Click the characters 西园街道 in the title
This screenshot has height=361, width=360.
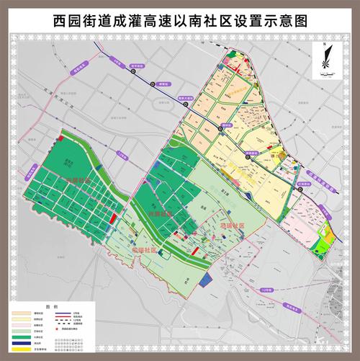click(x=84, y=22)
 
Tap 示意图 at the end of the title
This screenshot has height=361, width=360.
click(x=288, y=22)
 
